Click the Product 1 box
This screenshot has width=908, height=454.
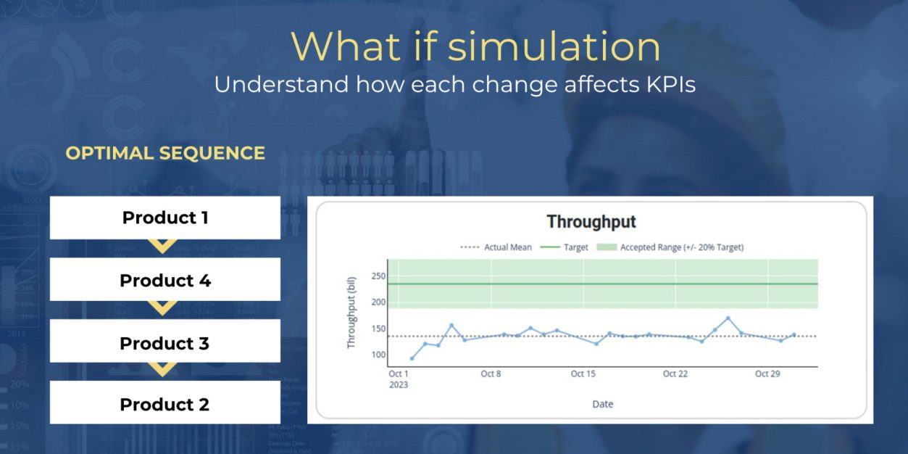click(x=165, y=218)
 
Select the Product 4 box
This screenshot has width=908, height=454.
click(x=165, y=279)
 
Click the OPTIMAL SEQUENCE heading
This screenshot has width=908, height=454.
click(x=165, y=153)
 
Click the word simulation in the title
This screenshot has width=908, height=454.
click(x=554, y=46)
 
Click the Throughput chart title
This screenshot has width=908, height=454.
click(x=591, y=222)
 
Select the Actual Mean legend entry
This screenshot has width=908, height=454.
click(x=496, y=247)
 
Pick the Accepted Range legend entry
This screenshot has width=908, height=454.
click(x=670, y=247)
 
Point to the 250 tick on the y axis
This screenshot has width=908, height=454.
click(x=378, y=276)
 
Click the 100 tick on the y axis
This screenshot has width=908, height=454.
click(x=378, y=355)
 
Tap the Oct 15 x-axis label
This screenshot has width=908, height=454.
click(x=583, y=373)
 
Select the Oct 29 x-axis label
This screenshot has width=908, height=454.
click(x=767, y=373)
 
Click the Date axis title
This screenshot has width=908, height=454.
click(x=603, y=404)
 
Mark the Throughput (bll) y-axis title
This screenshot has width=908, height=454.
click(x=351, y=313)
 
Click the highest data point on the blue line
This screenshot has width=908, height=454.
click(x=728, y=318)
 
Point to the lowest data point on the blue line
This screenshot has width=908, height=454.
click(x=412, y=358)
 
